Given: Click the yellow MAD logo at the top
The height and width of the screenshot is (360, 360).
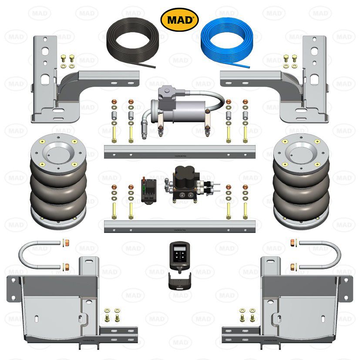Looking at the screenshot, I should [180, 20].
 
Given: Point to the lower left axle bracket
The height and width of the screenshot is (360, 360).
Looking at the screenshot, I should [52, 305].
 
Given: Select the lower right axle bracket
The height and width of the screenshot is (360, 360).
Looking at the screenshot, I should [305, 305].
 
